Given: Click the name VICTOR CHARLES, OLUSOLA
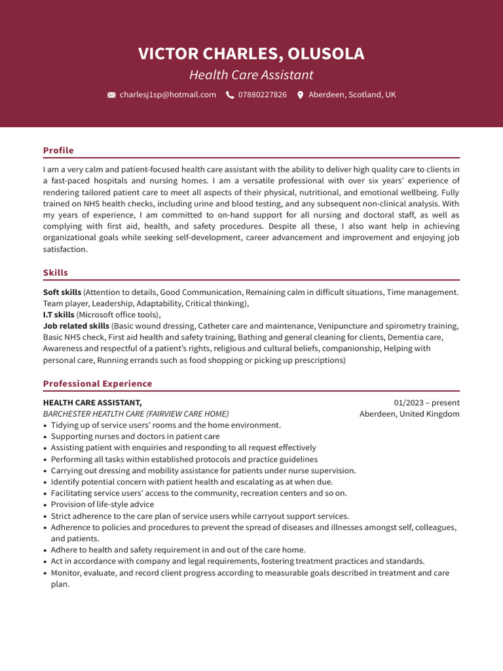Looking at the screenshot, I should click(x=251, y=54).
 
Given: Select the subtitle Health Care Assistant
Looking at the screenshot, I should click(x=251, y=75).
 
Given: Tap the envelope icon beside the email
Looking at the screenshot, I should click(x=111, y=95).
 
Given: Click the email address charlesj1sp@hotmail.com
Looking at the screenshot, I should click(x=168, y=95).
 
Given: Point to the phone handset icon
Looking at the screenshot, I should click(x=230, y=95).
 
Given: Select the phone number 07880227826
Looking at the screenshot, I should click(x=262, y=95).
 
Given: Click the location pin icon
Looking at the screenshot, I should click(x=301, y=95).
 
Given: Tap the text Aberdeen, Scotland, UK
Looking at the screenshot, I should click(x=352, y=95).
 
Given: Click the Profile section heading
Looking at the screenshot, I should click(x=58, y=151).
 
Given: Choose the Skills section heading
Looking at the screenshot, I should click(x=56, y=273).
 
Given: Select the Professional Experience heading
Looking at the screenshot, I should click(x=98, y=384).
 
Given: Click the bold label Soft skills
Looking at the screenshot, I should click(x=62, y=292).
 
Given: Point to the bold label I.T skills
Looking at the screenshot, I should click(x=58, y=315).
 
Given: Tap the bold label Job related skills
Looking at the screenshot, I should click(x=76, y=326).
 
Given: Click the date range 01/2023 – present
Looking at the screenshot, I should click(x=426, y=403).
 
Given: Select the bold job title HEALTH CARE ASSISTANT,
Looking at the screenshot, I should click(x=92, y=403).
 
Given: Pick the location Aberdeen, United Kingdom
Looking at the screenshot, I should click(x=409, y=414).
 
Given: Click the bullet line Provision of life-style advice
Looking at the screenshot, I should click(x=102, y=505).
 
